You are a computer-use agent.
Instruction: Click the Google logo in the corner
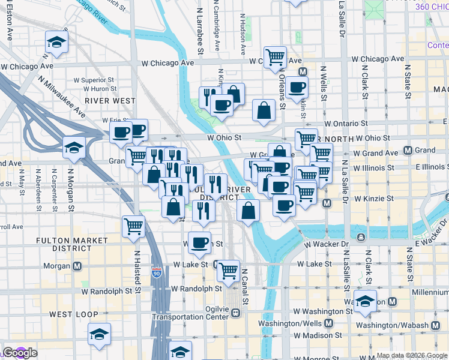pyautogui.click(x=19, y=353)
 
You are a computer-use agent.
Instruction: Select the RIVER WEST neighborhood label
pyautogui.click(x=110, y=101)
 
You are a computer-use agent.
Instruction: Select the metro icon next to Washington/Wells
pyautogui.click(x=328, y=323)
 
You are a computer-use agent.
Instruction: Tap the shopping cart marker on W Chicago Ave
pyautogui.click(x=275, y=57)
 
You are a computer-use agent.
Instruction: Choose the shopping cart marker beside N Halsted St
pyautogui.click(x=133, y=226)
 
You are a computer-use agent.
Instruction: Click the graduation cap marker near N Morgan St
pyautogui.click(x=74, y=148)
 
